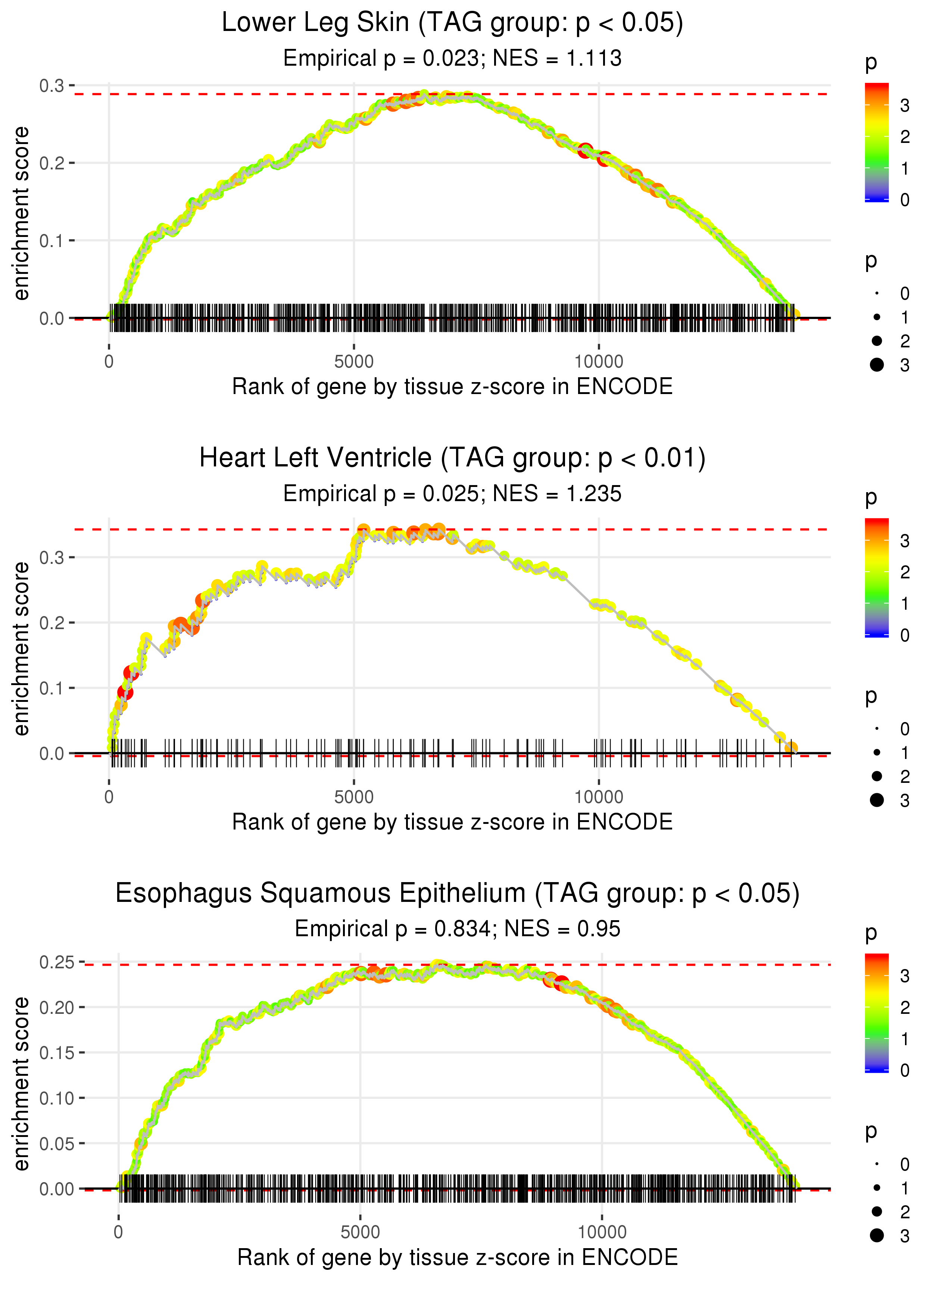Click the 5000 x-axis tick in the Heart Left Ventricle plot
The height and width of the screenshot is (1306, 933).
tap(354, 797)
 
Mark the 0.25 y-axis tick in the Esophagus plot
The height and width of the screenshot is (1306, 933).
tap(57, 962)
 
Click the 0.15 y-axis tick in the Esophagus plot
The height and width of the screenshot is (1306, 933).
tap(57, 1053)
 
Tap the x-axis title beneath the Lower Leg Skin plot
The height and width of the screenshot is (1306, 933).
tap(452, 387)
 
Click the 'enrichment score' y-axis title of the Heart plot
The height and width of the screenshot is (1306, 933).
tap(21, 649)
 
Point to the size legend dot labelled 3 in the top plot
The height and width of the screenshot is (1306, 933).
tap(877, 365)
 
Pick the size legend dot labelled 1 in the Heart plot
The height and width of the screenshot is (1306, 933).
tap(877, 752)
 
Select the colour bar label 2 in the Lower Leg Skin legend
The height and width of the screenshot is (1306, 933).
tap(905, 137)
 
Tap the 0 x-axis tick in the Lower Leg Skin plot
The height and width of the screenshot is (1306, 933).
tap(109, 362)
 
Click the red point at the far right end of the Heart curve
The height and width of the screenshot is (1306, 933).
tap(791, 747)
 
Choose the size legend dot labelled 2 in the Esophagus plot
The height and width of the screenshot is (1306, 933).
tap(877, 1211)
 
